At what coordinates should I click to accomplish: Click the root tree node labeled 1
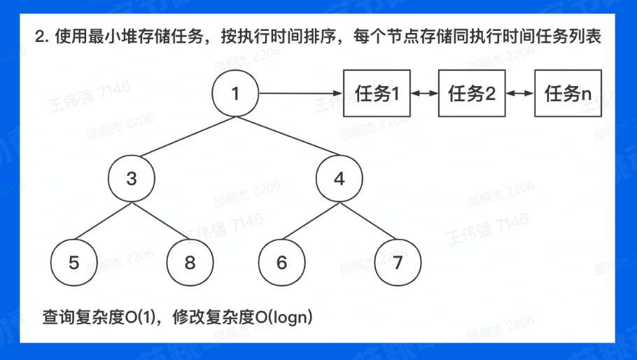tap(235, 94)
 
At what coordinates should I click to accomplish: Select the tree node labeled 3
tap(132, 178)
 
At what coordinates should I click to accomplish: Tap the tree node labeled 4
tap(339, 178)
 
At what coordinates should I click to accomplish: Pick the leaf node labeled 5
tap(74, 263)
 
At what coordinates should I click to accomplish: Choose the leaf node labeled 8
tap(190, 263)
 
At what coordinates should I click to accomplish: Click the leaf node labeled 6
tap(282, 263)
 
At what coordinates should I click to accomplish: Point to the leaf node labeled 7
tap(398, 263)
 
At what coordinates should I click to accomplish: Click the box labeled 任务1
tap(377, 93)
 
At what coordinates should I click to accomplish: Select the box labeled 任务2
tap(472, 93)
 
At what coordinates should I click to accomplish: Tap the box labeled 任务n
tap(568, 93)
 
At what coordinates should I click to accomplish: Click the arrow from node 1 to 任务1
tap(301, 93)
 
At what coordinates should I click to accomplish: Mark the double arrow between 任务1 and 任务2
tap(424, 93)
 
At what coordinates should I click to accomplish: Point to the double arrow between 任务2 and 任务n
tap(519, 93)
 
